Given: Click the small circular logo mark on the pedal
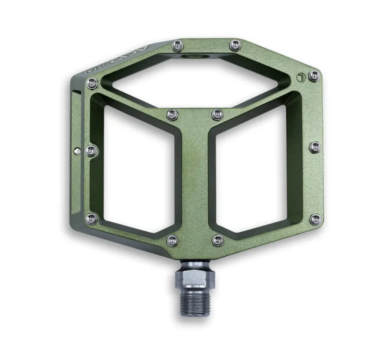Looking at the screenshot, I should coord(300,76).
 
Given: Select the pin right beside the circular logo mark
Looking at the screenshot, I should coord(314,76).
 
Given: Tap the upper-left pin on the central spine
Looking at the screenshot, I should coord(171,115).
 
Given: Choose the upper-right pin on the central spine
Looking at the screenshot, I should coord(217,115).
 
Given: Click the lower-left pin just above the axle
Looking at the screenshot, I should coord(172,240).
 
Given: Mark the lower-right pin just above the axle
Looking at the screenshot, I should coord(217,240).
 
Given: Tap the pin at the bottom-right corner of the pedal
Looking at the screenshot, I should coord(315,219).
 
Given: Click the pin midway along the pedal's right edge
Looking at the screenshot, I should coord(315,147).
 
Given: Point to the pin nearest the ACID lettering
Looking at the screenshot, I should coord(92,83).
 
